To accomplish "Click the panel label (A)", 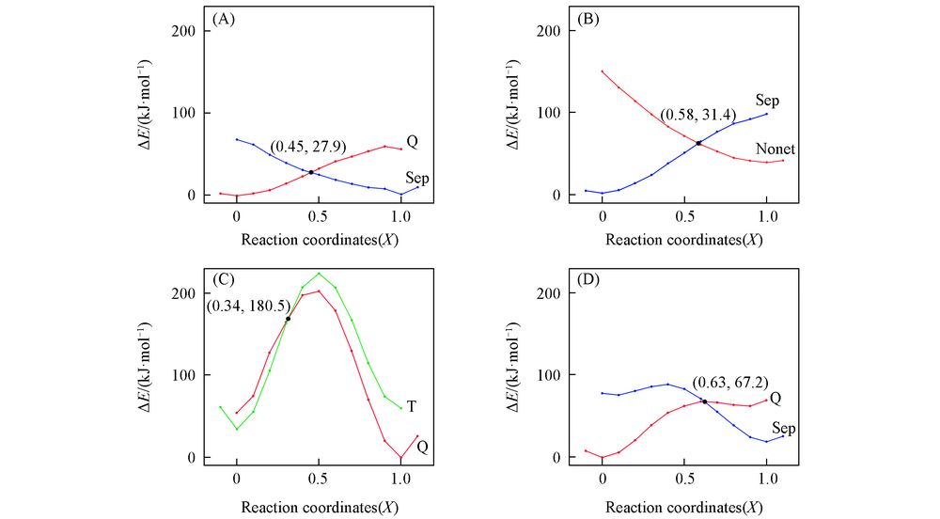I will [x=227, y=19].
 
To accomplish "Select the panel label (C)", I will [x=227, y=279].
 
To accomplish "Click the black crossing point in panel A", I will [x=311, y=172].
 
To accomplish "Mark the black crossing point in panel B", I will [x=698, y=143].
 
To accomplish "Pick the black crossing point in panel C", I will [x=288, y=319].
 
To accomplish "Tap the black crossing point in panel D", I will [x=704, y=401].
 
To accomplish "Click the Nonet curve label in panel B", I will [x=775, y=149].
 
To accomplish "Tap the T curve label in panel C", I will [x=412, y=406].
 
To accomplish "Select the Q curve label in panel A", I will [x=412, y=141].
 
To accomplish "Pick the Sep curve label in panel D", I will [x=783, y=428].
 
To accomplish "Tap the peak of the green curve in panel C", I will [x=319, y=274].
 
